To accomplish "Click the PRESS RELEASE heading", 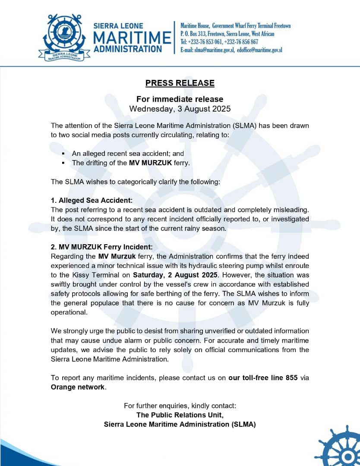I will point(180,83).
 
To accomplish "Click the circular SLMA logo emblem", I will point(64,37).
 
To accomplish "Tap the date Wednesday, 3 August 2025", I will point(180,109).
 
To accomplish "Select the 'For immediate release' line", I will point(180,99).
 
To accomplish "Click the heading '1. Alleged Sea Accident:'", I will point(92,200).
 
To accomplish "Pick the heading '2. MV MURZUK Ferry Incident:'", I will point(102,247).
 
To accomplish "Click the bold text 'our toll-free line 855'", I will point(263,378).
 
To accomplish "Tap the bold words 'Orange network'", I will point(78,387).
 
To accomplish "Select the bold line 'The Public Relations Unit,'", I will point(180,415).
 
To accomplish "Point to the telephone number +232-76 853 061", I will point(209,42).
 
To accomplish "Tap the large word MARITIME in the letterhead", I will point(132,37).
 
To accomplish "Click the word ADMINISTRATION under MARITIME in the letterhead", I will point(128,48).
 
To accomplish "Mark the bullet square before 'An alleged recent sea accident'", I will point(63,154).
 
